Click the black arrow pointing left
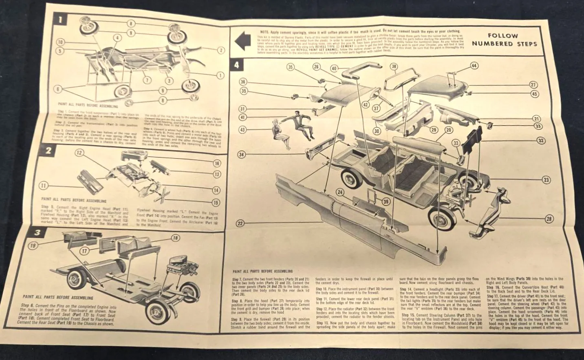coord(243,41)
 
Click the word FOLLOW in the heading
coord(503,36)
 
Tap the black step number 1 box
coord(60,19)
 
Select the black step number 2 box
coord(48,150)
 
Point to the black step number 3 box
coord(37,233)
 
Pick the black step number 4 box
coord(237,64)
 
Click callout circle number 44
coord(474,66)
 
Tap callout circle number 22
coord(240,223)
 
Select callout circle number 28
coord(549,219)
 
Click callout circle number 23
coord(546,180)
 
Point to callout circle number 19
coord(32,245)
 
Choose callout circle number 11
coord(44,186)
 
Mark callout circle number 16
coord(217,163)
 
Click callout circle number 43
coord(242,130)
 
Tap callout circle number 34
coord(241,155)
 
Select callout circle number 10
coord(60,42)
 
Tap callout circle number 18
coord(175,238)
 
